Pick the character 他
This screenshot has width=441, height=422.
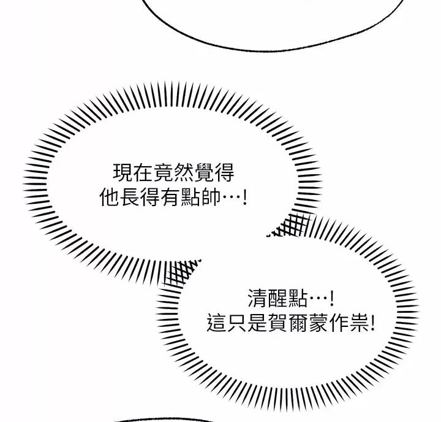pos(110,198)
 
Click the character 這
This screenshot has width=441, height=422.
pos(217,323)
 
